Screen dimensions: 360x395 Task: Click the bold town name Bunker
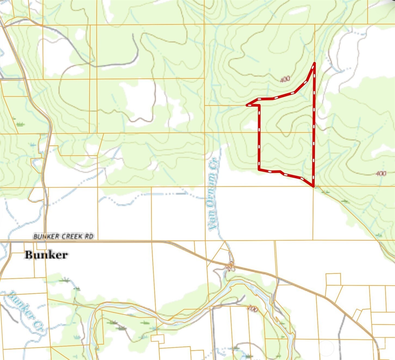click(46, 255)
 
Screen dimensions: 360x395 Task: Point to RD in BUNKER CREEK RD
click(90, 236)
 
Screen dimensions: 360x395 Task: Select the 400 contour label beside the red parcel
click(285, 79)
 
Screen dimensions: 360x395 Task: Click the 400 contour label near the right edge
click(381, 173)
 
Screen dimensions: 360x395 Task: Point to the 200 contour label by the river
click(253, 309)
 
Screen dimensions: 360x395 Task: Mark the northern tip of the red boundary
click(314, 63)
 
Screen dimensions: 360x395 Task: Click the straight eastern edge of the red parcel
click(314, 125)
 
